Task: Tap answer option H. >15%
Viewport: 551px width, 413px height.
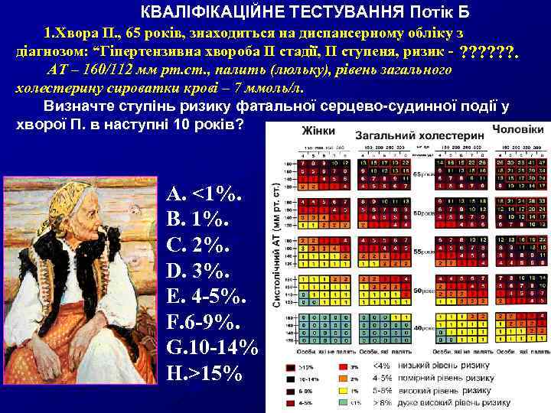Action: (204, 374)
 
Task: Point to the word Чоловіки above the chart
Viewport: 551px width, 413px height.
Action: (518, 128)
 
